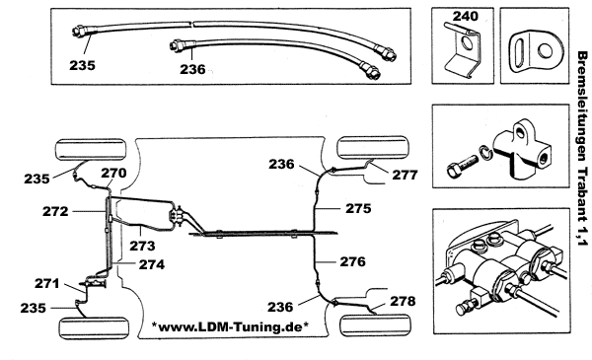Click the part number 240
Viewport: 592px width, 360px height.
[465, 16]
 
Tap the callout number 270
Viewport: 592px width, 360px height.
[113, 173]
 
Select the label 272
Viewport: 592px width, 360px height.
[55, 211]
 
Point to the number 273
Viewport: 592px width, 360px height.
[142, 246]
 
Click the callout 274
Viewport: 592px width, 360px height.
[152, 264]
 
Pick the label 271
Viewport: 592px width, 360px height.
[47, 283]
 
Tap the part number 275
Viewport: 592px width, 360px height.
[358, 209]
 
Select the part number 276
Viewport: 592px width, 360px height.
[353, 261]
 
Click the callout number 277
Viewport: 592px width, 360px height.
[405, 176]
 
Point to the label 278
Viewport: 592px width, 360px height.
[403, 301]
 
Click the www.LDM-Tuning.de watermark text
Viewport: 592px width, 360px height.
[230, 326]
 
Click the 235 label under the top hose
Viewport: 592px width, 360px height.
[82, 66]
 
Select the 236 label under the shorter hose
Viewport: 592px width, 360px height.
[192, 69]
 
